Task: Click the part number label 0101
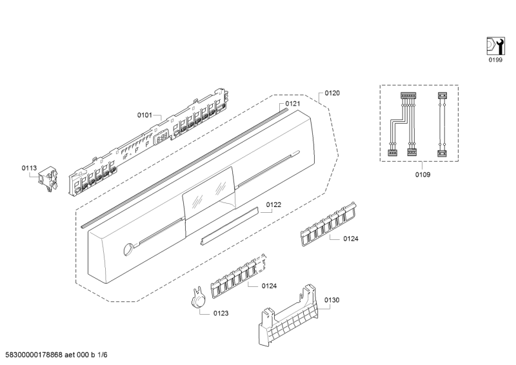144,115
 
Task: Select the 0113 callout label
29,168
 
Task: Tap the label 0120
332,93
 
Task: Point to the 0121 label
293,104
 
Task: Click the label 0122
273,204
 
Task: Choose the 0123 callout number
221,313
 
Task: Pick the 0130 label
332,300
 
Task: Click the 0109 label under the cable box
422,174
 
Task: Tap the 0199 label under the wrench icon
495,60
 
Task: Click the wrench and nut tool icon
495,46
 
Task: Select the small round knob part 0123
198,299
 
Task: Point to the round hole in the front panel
128,249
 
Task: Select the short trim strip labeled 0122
229,226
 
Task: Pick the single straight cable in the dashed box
441,124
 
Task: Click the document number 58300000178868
34,355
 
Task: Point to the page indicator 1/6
103,355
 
